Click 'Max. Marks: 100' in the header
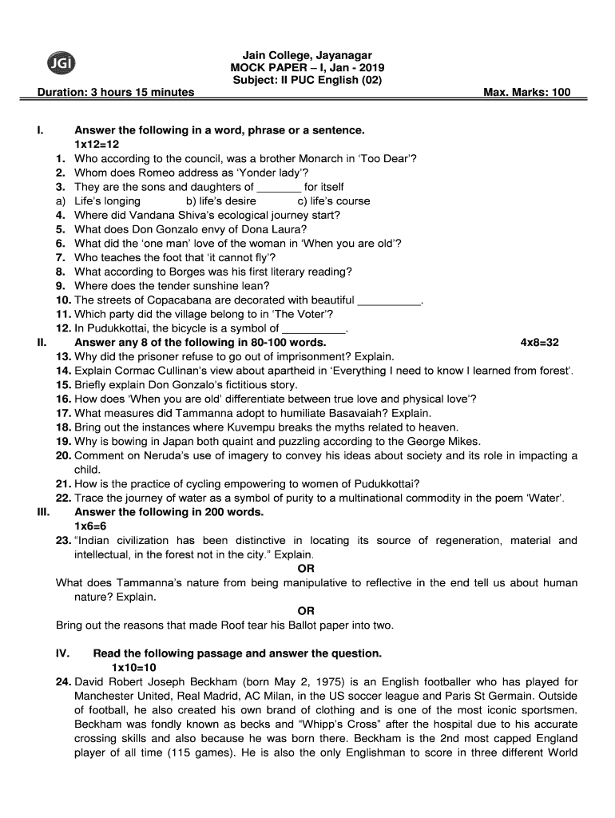point(527,92)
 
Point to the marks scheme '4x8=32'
point(539,342)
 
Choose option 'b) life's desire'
point(220,201)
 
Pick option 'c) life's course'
point(334,201)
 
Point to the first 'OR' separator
point(306,568)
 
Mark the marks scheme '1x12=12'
point(97,144)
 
